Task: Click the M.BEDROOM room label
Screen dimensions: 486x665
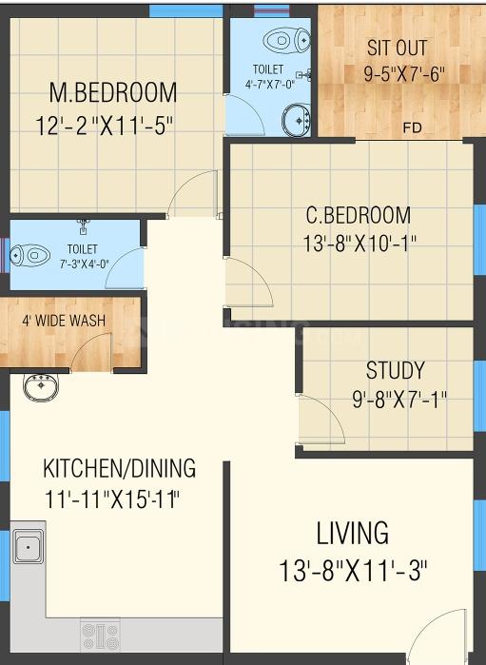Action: [x=113, y=92]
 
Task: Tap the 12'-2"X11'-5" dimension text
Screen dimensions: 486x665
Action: [x=105, y=126]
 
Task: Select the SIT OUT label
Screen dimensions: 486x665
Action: [x=397, y=48]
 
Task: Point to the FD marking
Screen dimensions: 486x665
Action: [x=412, y=127]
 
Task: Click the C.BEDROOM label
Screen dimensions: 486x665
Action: [x=359, y=215]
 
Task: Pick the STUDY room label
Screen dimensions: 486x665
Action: [x=396, y=370]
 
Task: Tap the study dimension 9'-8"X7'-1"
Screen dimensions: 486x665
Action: [x=399, y=399]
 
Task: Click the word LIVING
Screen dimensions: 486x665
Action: [x=353, y=533]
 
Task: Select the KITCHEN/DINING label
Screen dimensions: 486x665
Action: [x=119, y=468]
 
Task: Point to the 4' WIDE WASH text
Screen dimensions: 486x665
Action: [x=64, y=321]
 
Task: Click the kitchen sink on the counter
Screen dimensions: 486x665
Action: [x=28, y=547]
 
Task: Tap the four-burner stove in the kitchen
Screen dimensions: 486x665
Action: [x=100, y=636]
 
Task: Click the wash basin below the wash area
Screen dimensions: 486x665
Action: [x=41, y=387]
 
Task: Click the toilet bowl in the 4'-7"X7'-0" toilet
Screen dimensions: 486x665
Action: [x=286, y=40]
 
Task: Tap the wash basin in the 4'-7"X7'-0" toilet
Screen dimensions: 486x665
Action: [x=297, y=121]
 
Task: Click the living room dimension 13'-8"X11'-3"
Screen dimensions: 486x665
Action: [x=353, y=571]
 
